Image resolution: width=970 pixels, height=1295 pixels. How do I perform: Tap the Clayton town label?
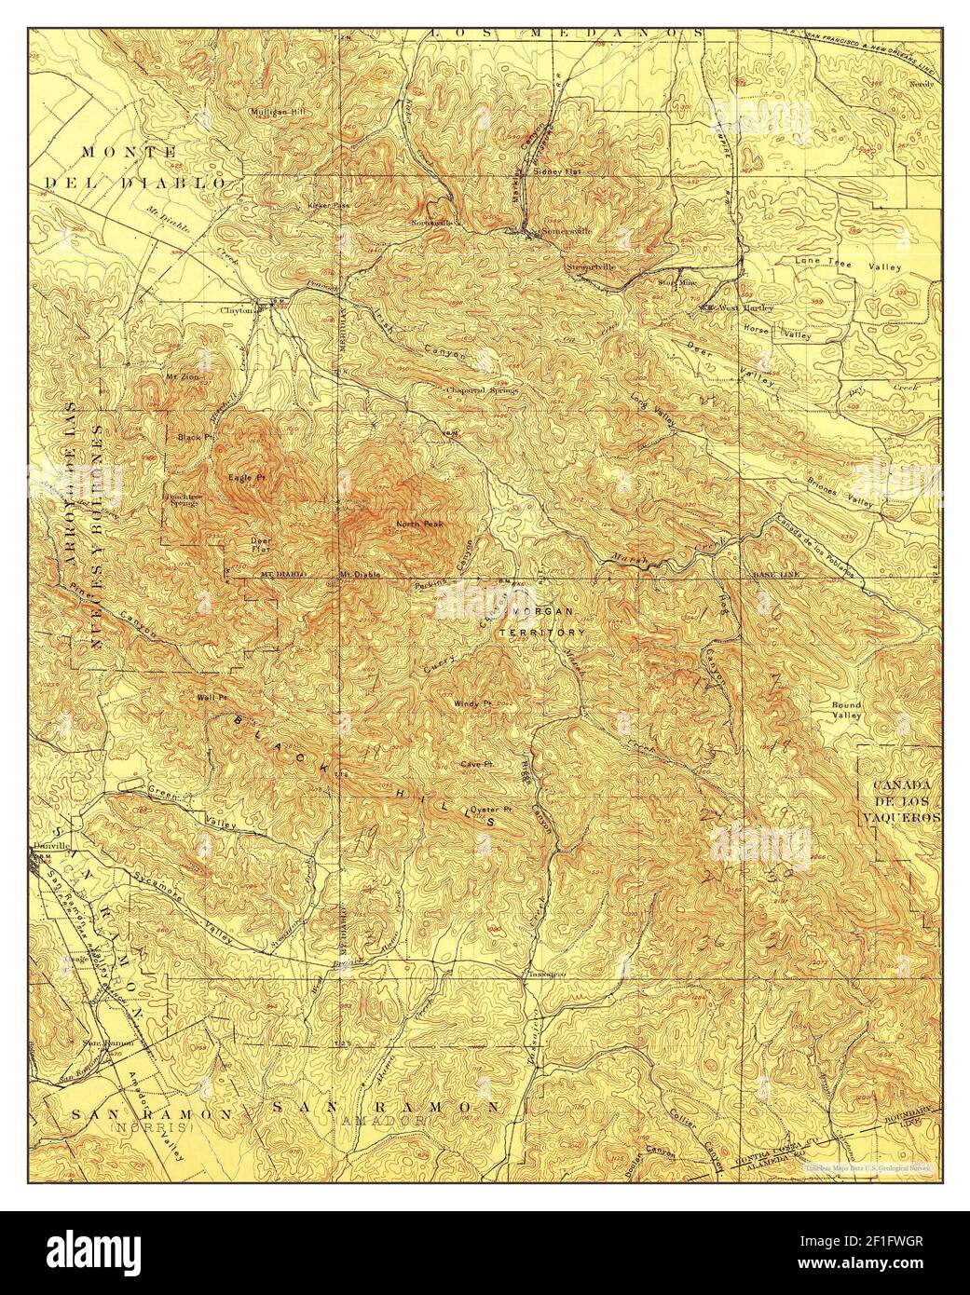tap(237, 311)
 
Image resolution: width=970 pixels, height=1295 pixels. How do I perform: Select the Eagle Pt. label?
tap(243, 478)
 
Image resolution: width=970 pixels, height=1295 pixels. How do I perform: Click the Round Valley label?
tap(846, 711)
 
